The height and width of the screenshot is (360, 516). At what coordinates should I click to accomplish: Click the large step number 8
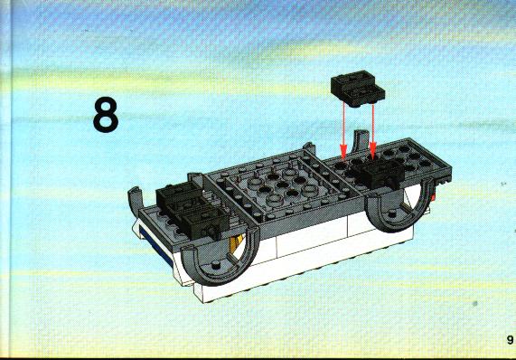click(x=106, y=115)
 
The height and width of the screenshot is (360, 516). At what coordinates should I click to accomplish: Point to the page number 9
click(x=510, y=339)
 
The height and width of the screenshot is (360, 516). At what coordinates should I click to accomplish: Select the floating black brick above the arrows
click(x=358, y=89)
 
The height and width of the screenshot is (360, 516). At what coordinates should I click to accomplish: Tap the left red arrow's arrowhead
click(x=343, y=152)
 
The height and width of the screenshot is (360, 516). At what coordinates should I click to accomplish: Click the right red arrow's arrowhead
click(x=372, y=151)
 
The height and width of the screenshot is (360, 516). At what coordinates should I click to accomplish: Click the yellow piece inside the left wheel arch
click(x=236, y=244)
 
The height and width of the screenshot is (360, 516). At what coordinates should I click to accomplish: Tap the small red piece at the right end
click(x=434, y=197)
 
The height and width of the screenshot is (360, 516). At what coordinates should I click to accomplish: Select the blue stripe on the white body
click(x=155, y=244)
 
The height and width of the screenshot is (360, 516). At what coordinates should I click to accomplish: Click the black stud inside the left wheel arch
click(x=216, y=264)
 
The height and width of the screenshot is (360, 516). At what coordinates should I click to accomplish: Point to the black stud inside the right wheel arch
click(x=392, y=213)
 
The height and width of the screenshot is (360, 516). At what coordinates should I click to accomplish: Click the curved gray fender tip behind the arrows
click(x=360, y=141)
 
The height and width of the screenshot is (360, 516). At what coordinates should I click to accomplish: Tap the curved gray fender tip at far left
click(x=135, y=200)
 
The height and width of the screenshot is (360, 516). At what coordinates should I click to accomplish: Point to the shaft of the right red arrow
click(x=372, y=124)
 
